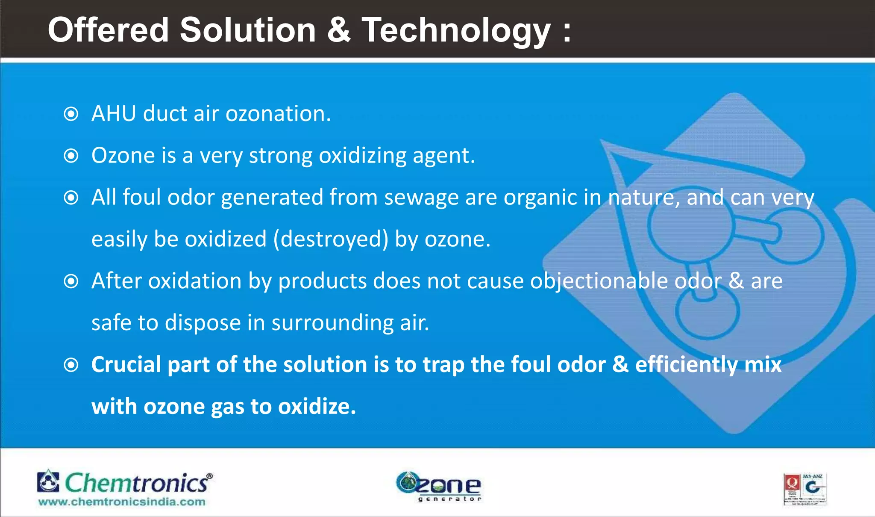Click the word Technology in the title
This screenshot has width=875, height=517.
click(456, 31)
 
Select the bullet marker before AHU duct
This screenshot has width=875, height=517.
click(71, 114)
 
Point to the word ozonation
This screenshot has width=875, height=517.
click(278, 114)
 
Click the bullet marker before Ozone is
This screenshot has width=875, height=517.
click(71, 156)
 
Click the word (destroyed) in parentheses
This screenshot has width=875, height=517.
click(331, 239)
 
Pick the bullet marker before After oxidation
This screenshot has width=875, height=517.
click(71, 281)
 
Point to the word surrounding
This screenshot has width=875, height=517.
click(332, 323)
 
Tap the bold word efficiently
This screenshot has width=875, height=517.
click(686, 365)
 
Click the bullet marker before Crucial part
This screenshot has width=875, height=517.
click(71, 365)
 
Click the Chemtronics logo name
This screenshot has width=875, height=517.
click(136, 483)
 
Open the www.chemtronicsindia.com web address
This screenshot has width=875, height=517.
click(122, 502)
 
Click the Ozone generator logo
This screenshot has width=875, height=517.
click(439, 487)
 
